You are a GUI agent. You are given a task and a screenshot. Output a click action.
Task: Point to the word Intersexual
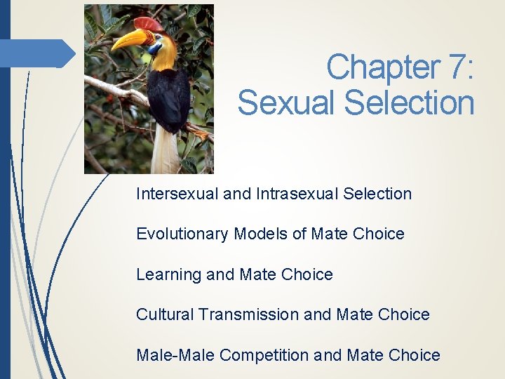[x=177, y=194]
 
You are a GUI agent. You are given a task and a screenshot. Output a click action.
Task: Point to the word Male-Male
[x=175, y=355]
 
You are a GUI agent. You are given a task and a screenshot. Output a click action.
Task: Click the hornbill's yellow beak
[x=131, y=39]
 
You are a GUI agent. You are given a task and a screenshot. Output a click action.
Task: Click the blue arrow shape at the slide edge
[x=42, y=53]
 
